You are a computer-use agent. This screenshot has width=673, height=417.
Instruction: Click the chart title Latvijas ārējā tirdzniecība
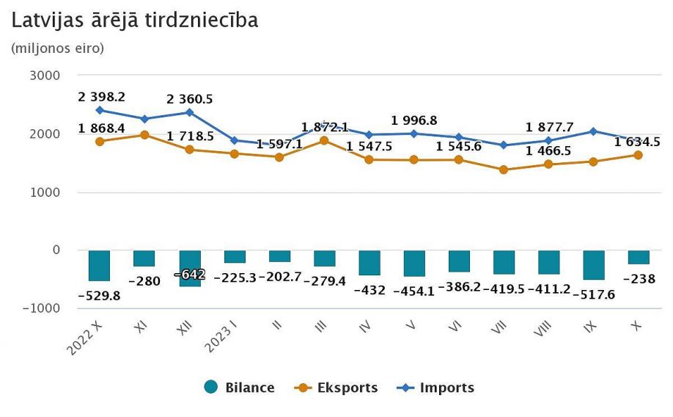point(135,21)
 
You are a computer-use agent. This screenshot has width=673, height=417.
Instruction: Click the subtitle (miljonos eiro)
point(58,48)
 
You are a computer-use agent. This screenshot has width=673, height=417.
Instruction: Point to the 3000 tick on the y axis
point(45,76)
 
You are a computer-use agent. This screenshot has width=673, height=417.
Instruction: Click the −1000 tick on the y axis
point(41,308)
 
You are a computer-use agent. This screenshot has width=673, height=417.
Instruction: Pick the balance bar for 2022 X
point(99,265)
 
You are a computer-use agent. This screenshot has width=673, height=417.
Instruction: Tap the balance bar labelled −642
point(189,268)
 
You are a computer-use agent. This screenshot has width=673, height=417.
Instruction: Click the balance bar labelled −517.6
point(593,264)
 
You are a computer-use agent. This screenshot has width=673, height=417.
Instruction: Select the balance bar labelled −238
point(638,257)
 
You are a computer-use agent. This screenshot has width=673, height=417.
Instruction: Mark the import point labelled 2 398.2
point(100,110)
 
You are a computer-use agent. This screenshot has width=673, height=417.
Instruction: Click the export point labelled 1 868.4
point(100,141)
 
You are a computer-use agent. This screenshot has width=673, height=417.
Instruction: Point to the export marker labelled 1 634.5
point(638,155)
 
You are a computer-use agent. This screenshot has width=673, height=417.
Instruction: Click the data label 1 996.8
point(415,120)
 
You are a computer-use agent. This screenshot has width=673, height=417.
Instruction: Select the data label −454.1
point(413,291)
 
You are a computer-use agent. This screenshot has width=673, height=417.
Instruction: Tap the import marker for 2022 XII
point(189,112)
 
